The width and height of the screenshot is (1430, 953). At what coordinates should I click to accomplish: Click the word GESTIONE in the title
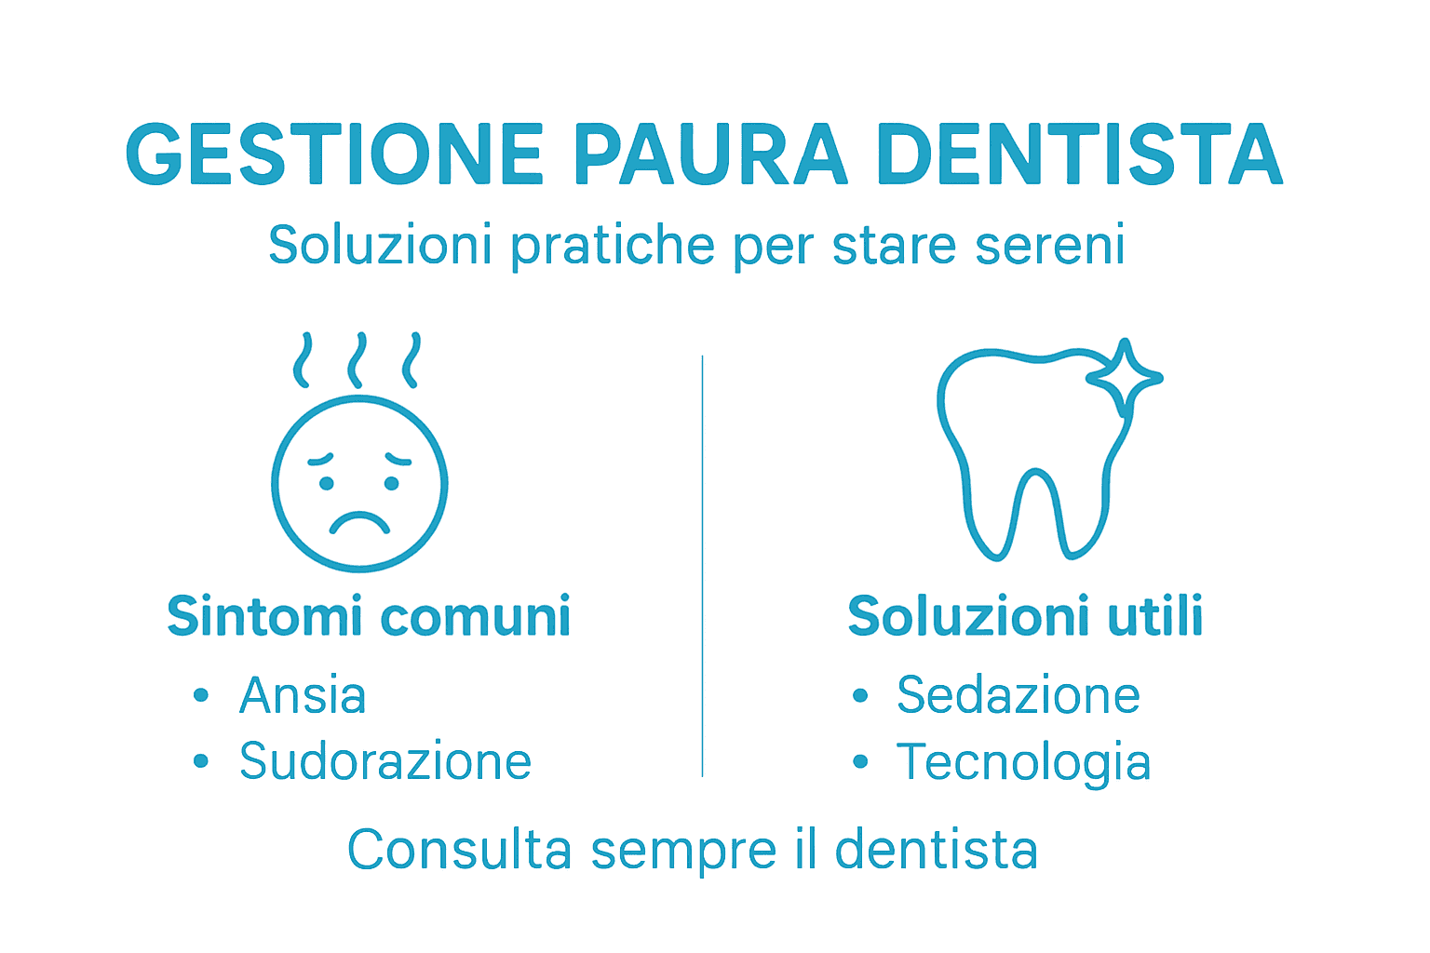coord(334,154)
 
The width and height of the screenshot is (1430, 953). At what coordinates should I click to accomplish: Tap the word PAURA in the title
coord(709,154)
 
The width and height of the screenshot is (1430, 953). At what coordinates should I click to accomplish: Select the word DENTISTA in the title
coord(1080,154)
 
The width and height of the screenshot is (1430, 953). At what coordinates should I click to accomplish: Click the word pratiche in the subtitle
coord(613,246)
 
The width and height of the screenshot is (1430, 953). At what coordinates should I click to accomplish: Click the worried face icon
coord(359,483)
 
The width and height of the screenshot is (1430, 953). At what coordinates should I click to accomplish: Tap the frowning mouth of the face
coord(359,522)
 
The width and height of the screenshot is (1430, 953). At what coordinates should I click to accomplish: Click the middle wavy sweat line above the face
coord(357,360)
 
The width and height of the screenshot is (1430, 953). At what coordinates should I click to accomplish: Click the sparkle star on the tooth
coord(1125,377)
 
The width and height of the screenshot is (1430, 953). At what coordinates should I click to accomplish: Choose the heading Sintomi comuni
coord(369,617)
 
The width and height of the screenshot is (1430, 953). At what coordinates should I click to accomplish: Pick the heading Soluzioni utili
coord(1025,617)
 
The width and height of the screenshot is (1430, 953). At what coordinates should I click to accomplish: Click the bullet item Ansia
coord(303,695)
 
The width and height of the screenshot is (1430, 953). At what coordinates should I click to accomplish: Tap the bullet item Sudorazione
coord(384,762)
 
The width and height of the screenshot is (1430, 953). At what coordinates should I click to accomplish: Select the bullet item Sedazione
coord(1018,695)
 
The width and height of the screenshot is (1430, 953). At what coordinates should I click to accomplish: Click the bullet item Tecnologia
coord(1023,762)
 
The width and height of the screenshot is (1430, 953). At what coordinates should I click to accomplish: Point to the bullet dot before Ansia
coord(201,695)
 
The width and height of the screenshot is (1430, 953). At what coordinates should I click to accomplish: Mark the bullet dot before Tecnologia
coord(860,762)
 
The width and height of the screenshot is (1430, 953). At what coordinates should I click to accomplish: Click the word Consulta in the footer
coord(459,850)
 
